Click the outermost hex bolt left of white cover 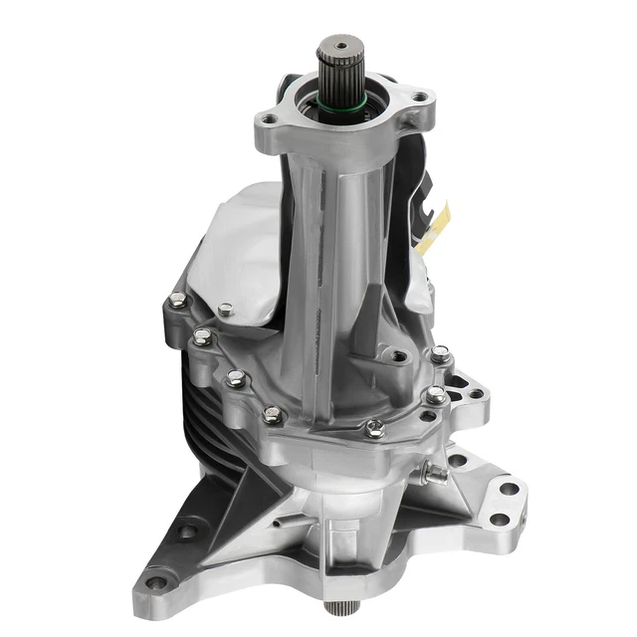pos(176,300)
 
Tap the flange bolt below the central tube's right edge pos(375,428)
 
